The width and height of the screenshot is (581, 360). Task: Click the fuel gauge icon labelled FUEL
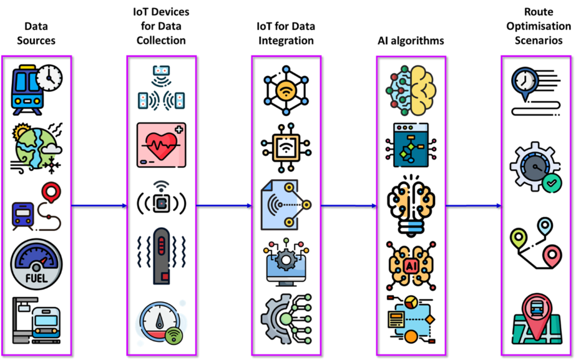(x=36, y=264)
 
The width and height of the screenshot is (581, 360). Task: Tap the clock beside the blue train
(x=50, y=78)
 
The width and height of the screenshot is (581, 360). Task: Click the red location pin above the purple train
(x=51, y=192)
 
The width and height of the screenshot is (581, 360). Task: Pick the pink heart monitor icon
(x=161, y=145)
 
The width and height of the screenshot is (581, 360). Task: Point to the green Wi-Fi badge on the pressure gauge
(x=174, y=336)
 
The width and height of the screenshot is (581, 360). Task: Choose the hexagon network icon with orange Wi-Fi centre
(x=286, y=91)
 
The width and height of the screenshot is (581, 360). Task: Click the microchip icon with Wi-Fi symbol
(x=286, y=148)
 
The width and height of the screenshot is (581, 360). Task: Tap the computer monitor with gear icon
(x=286, y=262)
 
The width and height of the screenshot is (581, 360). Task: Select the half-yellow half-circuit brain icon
(x=411, y=91)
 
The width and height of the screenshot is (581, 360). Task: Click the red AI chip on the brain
(x=411, y=265)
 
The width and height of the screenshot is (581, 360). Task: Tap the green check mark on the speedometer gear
(x=552, y=183)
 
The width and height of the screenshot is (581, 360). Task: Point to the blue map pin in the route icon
(x=545, y=226)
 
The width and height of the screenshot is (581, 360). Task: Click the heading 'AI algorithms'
(x=411, y=40)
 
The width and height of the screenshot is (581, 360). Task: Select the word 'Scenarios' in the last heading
(x=538, y=40)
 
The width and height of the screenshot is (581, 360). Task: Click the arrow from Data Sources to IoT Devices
(x=99, y=206)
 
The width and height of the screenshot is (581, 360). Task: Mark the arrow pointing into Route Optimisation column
(x=474, y=206)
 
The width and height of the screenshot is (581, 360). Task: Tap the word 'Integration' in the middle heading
(x=286, y=40)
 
